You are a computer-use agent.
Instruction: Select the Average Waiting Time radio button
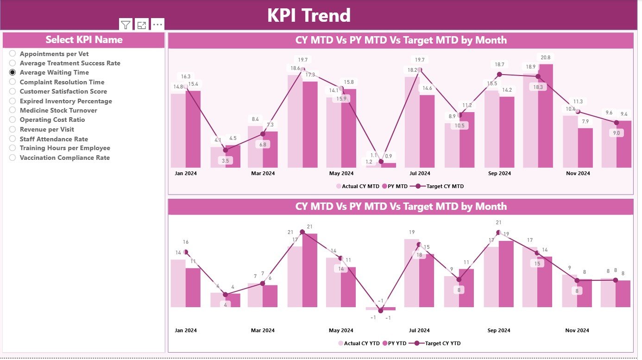pos(13,72)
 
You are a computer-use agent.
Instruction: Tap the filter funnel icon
pos(126,25)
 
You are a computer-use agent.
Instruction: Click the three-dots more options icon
pos(157,25)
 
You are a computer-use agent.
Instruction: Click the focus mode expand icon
pos(142,25)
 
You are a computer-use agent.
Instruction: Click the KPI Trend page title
pos(309,15)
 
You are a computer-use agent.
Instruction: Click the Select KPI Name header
pos(84,40)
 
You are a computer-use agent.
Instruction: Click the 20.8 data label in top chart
pos(545,57)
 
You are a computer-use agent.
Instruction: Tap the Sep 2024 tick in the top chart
pos(500,173)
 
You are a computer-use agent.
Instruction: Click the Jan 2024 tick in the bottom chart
pos(186,330)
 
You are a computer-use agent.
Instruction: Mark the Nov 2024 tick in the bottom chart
pos(577,330)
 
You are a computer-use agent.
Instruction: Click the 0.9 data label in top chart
pos(388,156)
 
